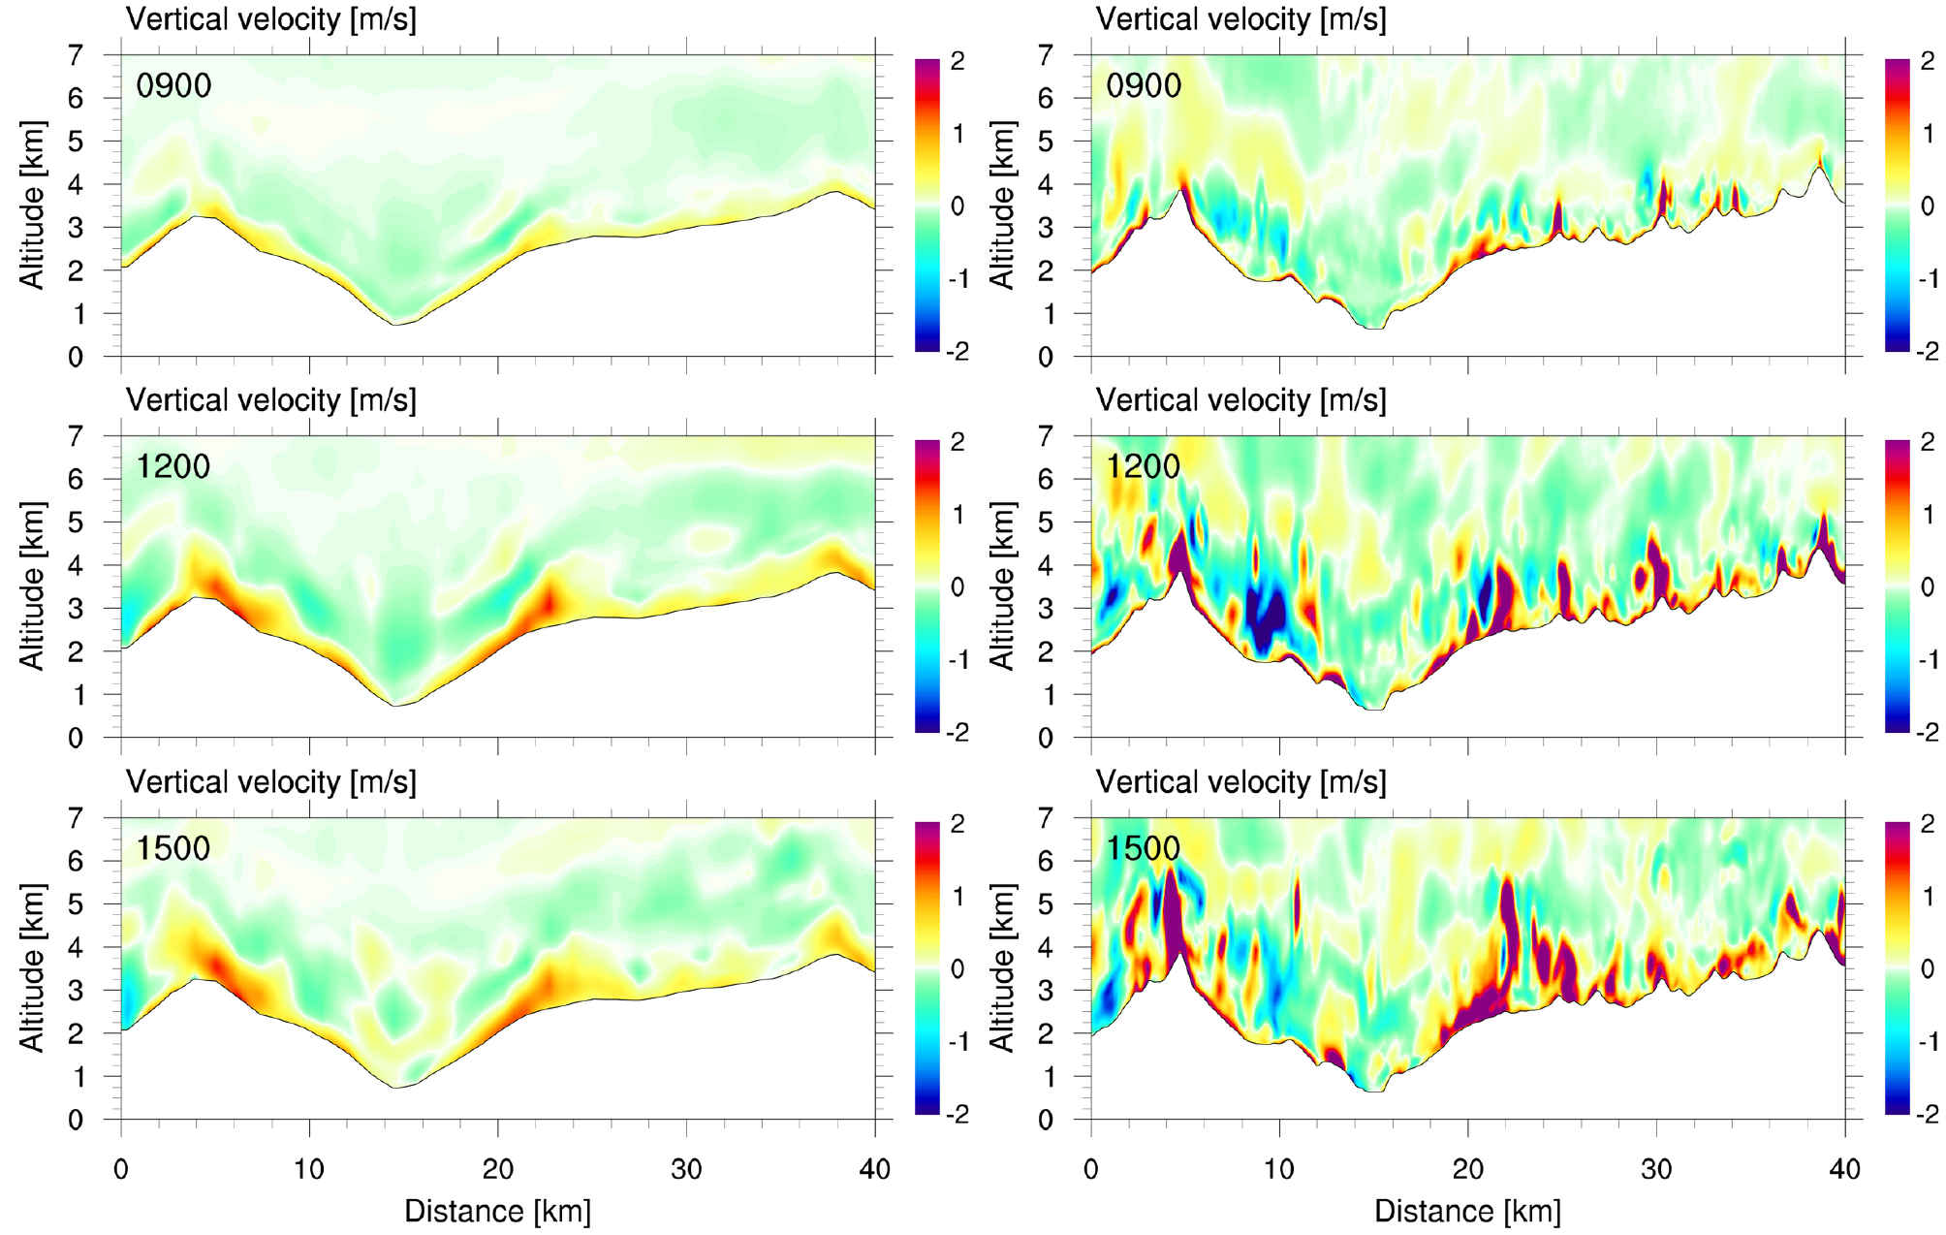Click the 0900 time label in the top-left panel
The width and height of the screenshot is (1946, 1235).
point(173,86)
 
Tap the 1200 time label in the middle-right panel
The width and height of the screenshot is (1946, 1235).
point(1144,467)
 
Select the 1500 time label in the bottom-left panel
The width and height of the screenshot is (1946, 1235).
point(173,849)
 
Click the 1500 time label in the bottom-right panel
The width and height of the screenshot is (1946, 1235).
point(1144,849)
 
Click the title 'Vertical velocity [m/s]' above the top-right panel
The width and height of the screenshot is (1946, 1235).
point(1241,19)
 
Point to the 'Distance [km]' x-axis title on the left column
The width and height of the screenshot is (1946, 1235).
point(497,1211)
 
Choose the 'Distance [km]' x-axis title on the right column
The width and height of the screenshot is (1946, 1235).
point(1467,1211)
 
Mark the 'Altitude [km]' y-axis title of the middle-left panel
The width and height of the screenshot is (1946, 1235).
point(33,586)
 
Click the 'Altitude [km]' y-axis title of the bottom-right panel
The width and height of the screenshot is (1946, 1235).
point(1003,967)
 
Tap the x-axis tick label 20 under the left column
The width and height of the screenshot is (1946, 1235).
point(497,1169)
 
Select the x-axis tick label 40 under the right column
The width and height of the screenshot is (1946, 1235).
point(1845,1169)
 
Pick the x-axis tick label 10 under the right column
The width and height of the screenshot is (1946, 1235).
point(1279,1169)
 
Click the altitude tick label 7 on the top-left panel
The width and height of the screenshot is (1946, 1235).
point(76,55)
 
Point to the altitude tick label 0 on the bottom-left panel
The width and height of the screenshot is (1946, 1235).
point(76,1120)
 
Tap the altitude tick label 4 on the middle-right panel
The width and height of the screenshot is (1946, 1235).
point(1046,565)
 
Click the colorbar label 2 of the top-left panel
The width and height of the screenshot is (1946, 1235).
point(957,61)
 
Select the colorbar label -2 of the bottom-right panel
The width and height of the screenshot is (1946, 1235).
point(1927,1114)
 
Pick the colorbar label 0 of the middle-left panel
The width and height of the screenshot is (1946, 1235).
point(957,586)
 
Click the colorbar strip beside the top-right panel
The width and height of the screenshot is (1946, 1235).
point(1897,205)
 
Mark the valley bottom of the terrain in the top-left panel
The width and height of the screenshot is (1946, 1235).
point(395,324)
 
